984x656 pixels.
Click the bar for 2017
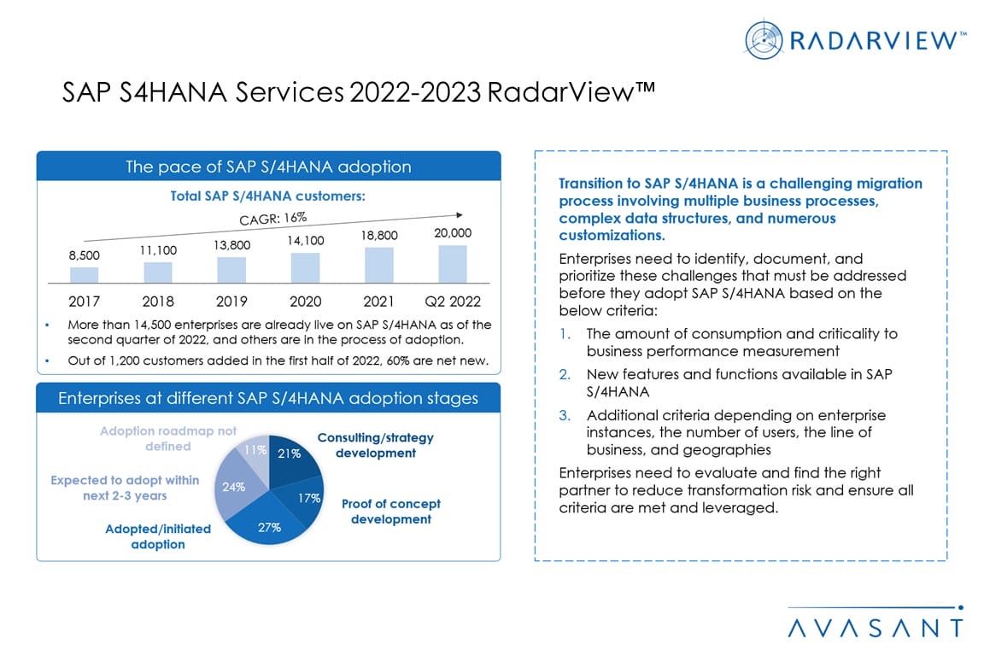point(84,274)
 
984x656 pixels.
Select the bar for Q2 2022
point(453,264)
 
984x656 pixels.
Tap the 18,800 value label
point(379,236)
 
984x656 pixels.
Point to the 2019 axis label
point(231,302)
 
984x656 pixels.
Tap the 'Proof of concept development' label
point(390,512)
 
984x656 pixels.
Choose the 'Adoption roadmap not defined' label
point(167,439)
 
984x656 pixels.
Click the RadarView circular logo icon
point(762,38)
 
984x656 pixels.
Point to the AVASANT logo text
point(875,628)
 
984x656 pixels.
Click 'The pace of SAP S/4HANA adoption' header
point(268,167)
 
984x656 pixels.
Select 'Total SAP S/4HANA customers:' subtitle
point(268,196)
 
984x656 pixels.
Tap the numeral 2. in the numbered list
point(565,375)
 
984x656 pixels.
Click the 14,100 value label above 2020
point(305,241)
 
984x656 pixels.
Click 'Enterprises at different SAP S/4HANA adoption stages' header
point(268,399)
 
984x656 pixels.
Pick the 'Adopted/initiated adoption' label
point(158,536)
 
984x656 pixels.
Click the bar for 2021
point(378,265)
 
